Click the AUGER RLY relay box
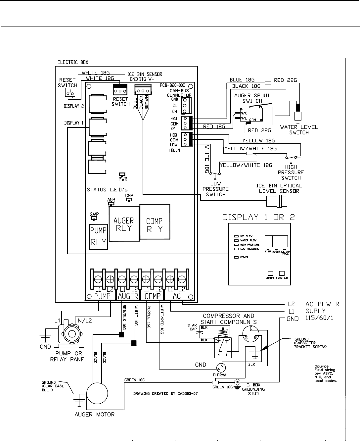[x=123, y=224]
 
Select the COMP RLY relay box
[x=155, y=222]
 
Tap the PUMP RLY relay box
[x=99, y=236]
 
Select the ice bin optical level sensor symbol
[x=277, y=201]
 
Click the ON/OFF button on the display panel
[x=270, y=273]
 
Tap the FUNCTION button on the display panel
[x=282, y=273]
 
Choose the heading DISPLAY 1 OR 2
[x=259, y=218]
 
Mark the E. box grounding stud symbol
[x=237, y=382]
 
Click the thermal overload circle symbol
[x=221, y=367]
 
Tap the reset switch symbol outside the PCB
[x=70, y=93]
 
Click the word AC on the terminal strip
[x=177, y=296]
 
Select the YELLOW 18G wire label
[x=258, y=141]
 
